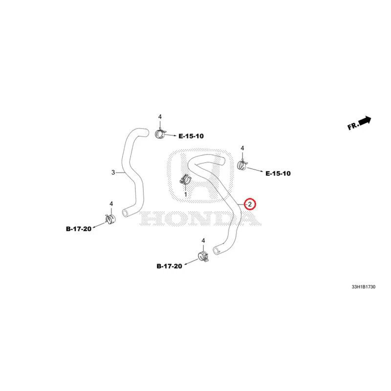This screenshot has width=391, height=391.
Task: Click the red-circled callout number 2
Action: pyautogui.click(x=250, y=204)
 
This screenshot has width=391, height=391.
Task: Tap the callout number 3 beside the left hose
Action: pyautogui.click(x=113, y=173)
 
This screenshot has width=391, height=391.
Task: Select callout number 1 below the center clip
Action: pyautogui.click(x=186, y=194)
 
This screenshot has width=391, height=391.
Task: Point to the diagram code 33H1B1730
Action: pyautogui.click(x=363, y=287)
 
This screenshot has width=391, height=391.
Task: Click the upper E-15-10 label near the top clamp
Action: pyautogui.click(x=191, y=136)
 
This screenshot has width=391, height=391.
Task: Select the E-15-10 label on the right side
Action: pyautogui.click(x=278, y=174)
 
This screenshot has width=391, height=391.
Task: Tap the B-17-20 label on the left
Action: pyautogui.click(x=79, y=229)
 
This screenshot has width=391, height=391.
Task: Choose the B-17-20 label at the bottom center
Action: pyautogui.click(x=169, y=266)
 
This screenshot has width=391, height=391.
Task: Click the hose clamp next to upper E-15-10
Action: pyautogui.click(x=160, y=134)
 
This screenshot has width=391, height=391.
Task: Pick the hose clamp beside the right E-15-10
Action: pyautogui.click(x=242, y=165)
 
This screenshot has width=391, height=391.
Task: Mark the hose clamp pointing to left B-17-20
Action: pyautogui.click(x=110, y=219)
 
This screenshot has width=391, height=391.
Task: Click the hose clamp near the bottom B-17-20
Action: pyautogui.click(x=203, y=256)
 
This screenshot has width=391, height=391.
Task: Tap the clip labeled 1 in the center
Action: pyautogui.click(x=185, y=179)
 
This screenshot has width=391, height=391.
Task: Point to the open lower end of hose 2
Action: pyautogui.click(x=216, y=250)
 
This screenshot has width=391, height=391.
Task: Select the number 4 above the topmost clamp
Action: pyautogui.click(x=160, y=117)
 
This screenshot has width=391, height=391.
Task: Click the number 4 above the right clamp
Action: pyautogui.click(x=242, y=149)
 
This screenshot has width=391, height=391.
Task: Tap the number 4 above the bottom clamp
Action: pyautogui.click(x=203, y=241)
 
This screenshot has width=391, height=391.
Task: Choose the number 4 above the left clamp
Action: pyautogui.click(x=111, y=204)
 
